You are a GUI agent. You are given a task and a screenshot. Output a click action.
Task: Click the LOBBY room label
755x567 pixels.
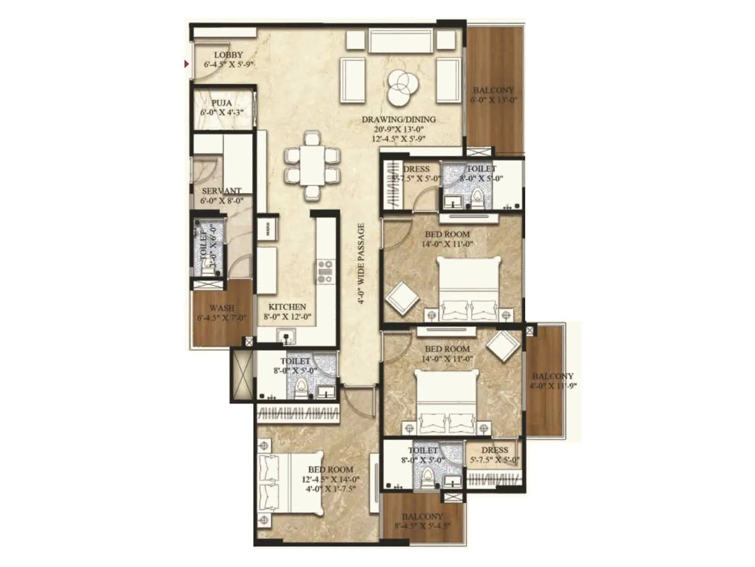228,55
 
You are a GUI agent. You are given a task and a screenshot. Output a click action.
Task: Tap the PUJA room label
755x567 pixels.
221,103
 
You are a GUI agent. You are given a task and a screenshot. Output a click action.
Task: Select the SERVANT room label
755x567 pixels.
221,191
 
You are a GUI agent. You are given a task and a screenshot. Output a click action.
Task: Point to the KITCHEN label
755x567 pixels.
287,307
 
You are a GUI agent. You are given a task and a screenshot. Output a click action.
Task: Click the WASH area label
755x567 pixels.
222,308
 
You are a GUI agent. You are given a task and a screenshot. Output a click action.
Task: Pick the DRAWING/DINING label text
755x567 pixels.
399,120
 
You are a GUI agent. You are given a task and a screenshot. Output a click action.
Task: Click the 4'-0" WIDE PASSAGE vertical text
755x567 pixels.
361,263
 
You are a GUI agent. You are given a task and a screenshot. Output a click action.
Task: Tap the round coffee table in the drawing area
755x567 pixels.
400,86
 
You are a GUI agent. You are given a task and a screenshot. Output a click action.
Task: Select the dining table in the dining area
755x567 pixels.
311,165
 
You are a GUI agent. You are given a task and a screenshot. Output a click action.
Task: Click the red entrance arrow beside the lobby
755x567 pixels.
187,64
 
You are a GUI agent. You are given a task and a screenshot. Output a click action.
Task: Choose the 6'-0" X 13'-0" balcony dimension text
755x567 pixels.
494,100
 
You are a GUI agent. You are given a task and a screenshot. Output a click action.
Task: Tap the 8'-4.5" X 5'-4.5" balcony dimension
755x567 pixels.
422,526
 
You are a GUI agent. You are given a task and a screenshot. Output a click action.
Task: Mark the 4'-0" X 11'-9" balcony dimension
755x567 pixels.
553,386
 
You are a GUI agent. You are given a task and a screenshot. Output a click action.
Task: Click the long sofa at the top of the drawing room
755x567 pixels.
401,41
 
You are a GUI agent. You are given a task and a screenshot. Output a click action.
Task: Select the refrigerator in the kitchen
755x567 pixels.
268,229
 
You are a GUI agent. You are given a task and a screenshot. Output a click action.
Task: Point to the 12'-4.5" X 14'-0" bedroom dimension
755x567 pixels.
331,479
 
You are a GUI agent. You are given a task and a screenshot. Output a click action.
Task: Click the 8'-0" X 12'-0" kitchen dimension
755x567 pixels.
287,317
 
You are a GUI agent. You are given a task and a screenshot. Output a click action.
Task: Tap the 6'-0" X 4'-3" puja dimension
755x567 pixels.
221,112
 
